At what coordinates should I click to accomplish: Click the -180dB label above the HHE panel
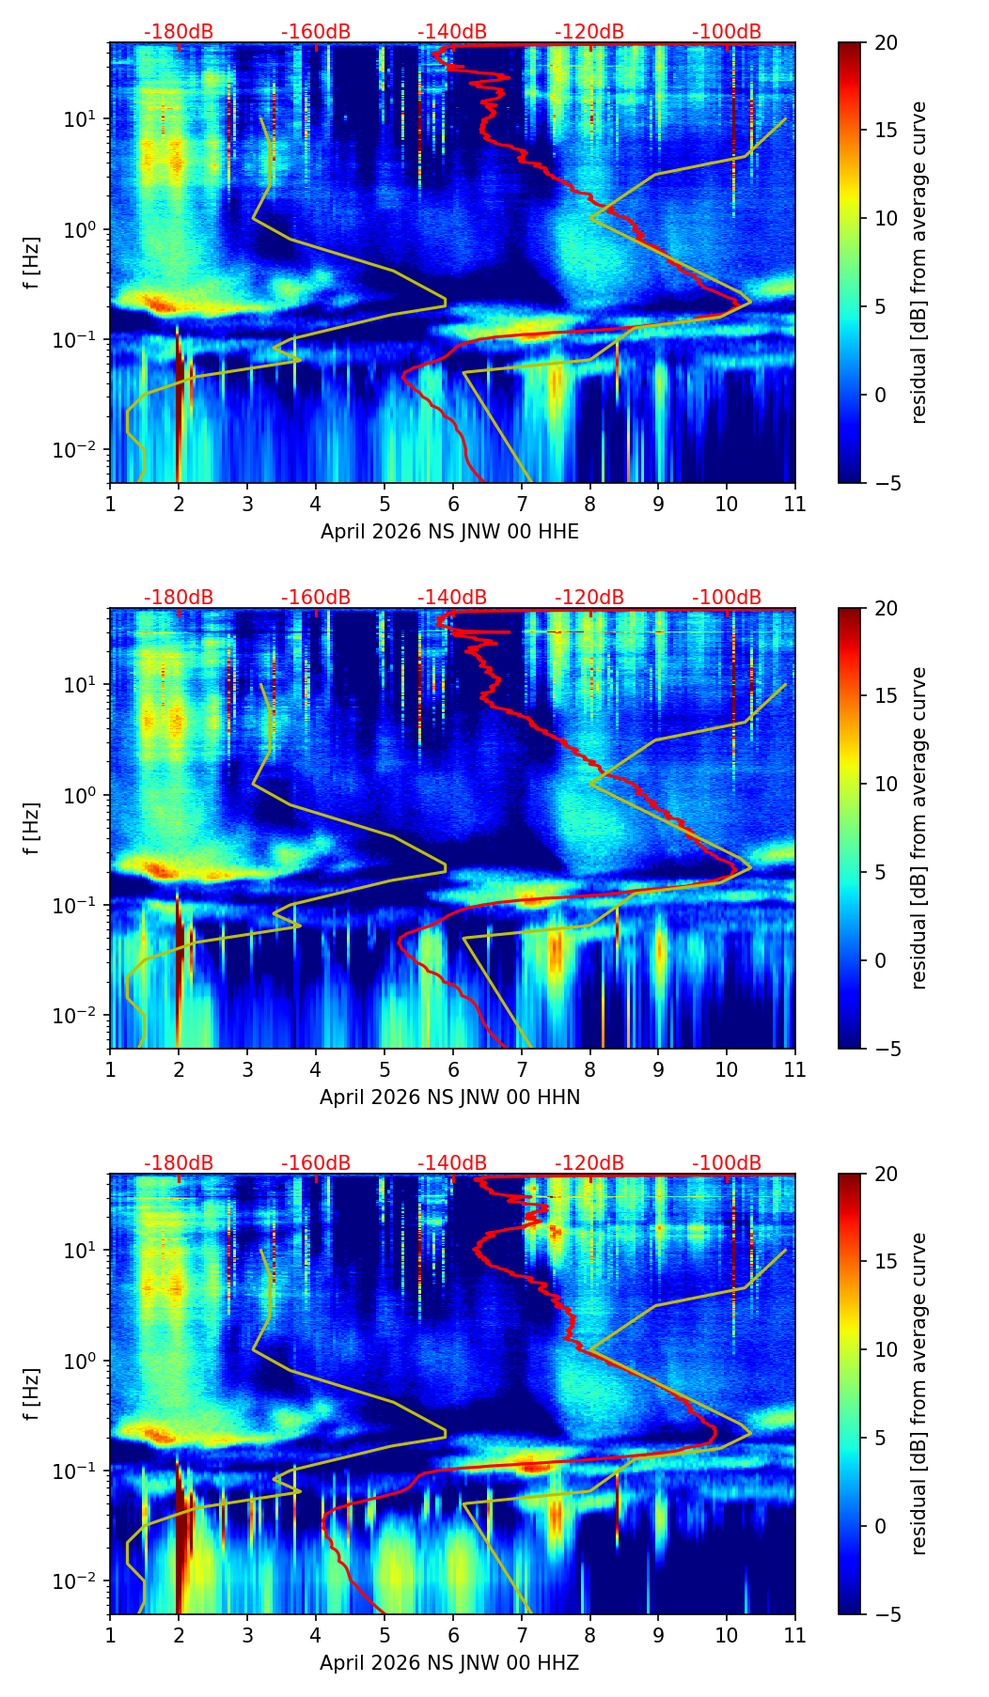click(179, 32)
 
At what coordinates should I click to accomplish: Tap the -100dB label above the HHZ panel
click(727, 1163)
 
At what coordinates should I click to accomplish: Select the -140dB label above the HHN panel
click(452, 598)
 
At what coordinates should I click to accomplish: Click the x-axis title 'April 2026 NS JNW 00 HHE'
click(449, 532)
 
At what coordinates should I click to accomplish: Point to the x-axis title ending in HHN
click(449, 1098)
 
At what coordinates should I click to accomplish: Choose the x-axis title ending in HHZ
click(449, 1663)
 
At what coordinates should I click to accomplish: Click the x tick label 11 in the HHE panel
click(794, 504)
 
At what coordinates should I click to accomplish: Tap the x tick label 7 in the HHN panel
click(521, 1069)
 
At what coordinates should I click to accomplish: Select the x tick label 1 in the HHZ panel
click(110, 1635)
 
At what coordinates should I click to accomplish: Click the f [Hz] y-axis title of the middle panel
click(32, 828)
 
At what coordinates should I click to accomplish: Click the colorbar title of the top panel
click(918, 262)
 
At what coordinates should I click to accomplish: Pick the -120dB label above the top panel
click(589, 32)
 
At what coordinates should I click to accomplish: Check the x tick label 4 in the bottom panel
click(316, 1635)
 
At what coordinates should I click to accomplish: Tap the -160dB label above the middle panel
click(316, 598)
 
